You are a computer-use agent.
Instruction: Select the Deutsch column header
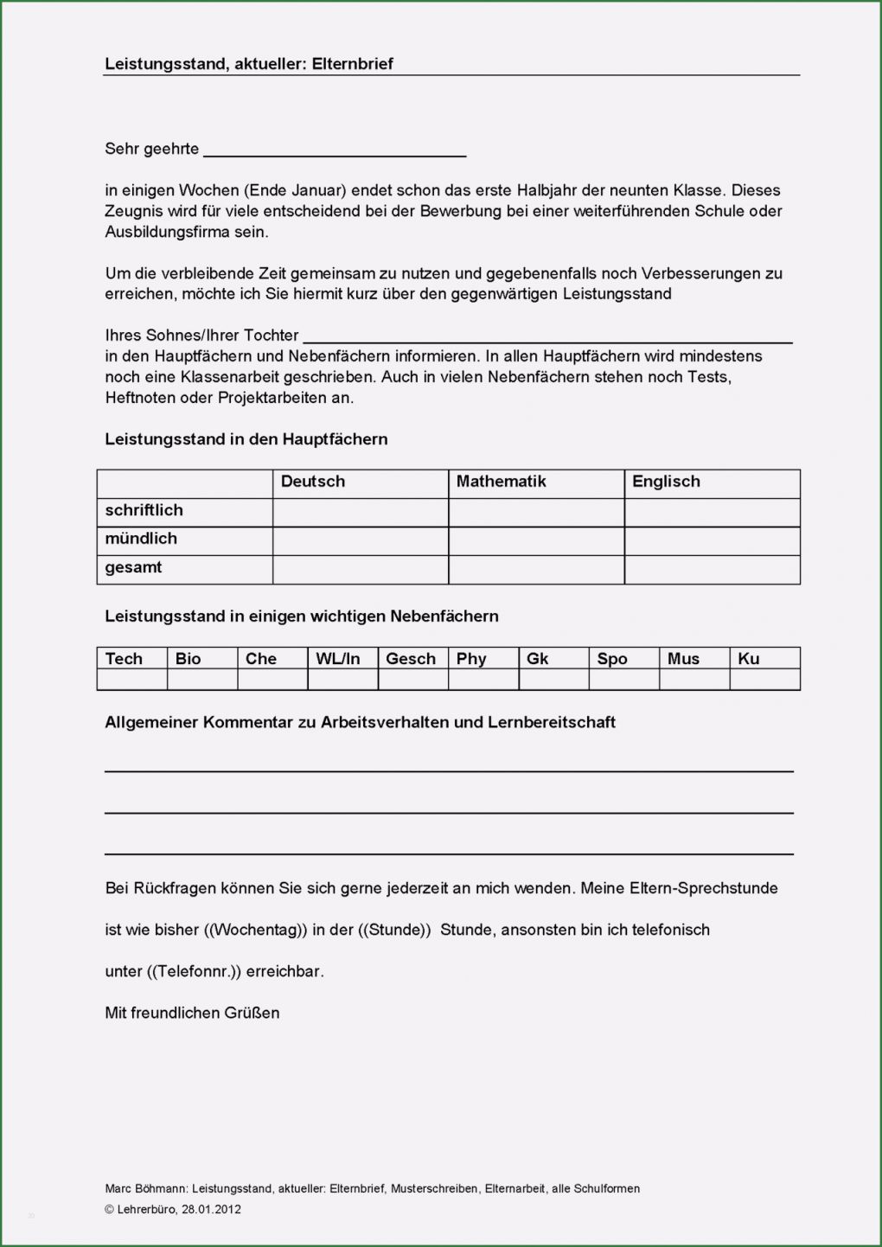tap(312, 482)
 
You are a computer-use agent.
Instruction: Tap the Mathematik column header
tap(501, 482)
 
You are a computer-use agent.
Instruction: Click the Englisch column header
tap(666, 482)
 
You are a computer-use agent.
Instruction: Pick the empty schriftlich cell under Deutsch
tap(360, 511)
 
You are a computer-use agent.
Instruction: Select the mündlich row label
tap(141, 539)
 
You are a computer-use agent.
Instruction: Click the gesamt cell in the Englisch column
tap(712, 569)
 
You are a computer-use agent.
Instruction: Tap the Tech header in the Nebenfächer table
tap(124, 659)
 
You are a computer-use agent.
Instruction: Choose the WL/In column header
tap(337, 659)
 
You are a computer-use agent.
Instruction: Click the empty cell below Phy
tap(483, 680)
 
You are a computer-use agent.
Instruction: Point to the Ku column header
tap(748, 659)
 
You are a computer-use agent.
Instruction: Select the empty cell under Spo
tap(623, 680)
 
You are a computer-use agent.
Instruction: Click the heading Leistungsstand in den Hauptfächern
tap(246, 439)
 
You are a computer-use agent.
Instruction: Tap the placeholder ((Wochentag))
tap(256, 930)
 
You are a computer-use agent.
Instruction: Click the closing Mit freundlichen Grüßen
tap(192, 1014)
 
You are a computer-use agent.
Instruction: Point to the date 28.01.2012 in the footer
tap(211, 1210)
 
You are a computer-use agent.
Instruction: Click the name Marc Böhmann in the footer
tap(144, 1189)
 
